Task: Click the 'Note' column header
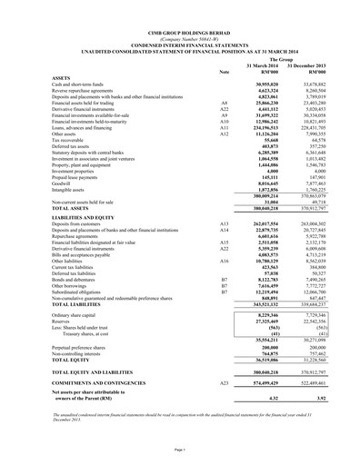click(x=224, y=72)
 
